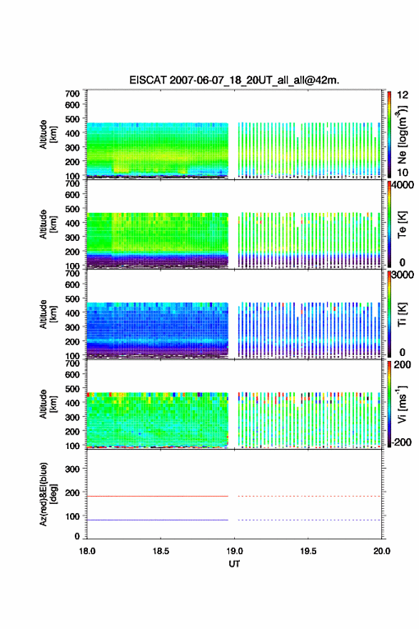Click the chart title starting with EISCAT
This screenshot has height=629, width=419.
click(x=234, y=80)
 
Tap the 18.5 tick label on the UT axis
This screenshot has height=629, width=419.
click(x=160, y=551)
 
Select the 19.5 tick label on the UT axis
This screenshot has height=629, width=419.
click(x=308, y=551)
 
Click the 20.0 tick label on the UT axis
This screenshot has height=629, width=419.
click(x=381, y=551)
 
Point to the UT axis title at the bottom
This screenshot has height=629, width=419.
click(x=234, y=564)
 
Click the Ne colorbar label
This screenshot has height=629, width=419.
click(x=402, y=135)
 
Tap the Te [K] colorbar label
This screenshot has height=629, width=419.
click(x=402, y=224)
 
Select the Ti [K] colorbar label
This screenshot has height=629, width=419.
click(x=402, y=314)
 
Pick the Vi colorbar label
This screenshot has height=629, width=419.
click(x=402, y=404)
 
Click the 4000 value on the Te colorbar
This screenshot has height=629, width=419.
click(x=402, y=185)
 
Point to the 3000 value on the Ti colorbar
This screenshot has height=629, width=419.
click(x=402, y=274)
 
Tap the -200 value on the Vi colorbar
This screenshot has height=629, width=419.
click(x=401, y=442)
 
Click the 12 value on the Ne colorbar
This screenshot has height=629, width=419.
click(x=403, y=95)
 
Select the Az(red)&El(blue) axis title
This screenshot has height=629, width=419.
click(x=48, y=494)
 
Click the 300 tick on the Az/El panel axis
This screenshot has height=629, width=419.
click(x=72, y=469)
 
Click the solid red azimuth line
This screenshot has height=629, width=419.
click(x=158, y=496)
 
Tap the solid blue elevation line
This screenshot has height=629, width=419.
click(x=158, y=520)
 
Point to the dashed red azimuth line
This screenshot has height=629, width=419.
click(x=309, y=496)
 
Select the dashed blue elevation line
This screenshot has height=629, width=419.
click(x=309, y=520)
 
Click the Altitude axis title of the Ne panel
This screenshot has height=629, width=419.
click(x=48, y=134)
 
